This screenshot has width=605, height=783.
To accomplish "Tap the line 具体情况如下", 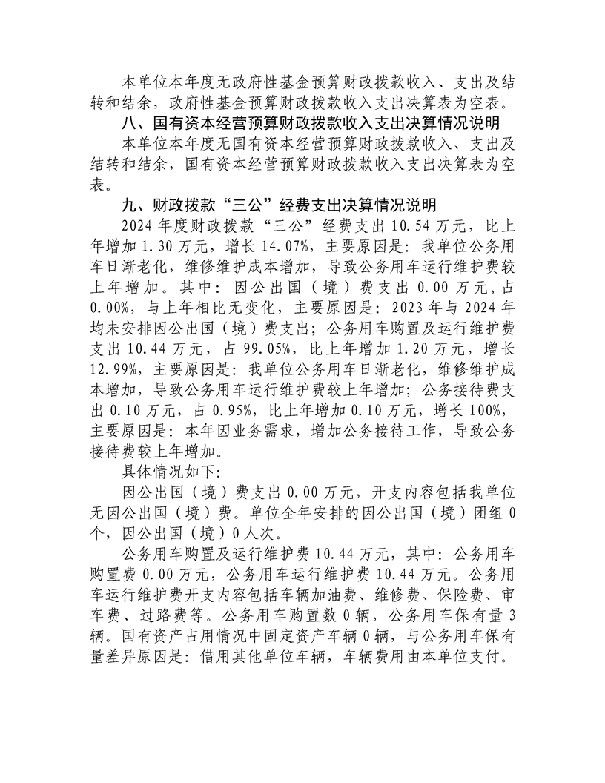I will coord(171,471).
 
